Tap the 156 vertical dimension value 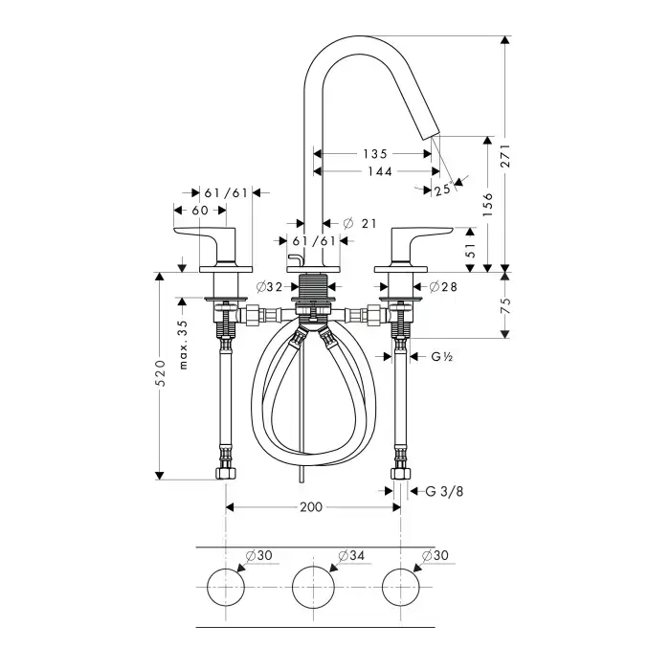click(487, 204)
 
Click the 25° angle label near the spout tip click(441, 190)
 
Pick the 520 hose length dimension click(162, 374)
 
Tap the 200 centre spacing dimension click(311, 507)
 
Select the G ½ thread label click(441, 357)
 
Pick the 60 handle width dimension click(200, 211)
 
